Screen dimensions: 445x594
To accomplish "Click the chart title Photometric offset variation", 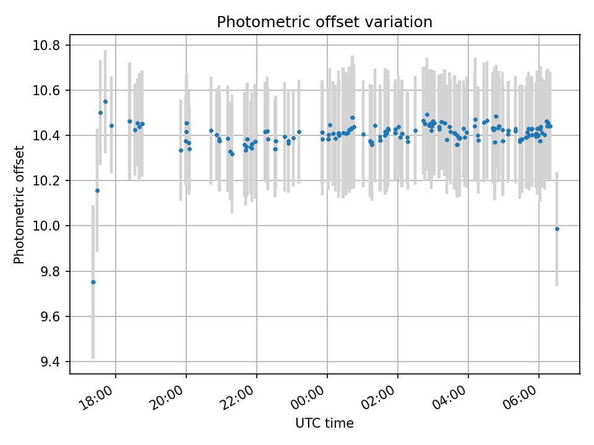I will [324, 22].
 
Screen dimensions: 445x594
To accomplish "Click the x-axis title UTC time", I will [324, 423].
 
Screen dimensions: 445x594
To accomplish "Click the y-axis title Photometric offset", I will [20, 205].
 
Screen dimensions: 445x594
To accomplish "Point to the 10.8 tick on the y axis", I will [47, 46].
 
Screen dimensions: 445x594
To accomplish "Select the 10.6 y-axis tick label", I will [47, 91].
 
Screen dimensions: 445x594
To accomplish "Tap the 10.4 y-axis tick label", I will [47, 136].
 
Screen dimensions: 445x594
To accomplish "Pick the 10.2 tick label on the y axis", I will [47, 181].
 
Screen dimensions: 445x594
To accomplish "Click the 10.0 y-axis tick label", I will [47, 226].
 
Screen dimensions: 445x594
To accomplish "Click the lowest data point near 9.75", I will [93, 282].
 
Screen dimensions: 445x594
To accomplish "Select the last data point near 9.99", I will [557, 229].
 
